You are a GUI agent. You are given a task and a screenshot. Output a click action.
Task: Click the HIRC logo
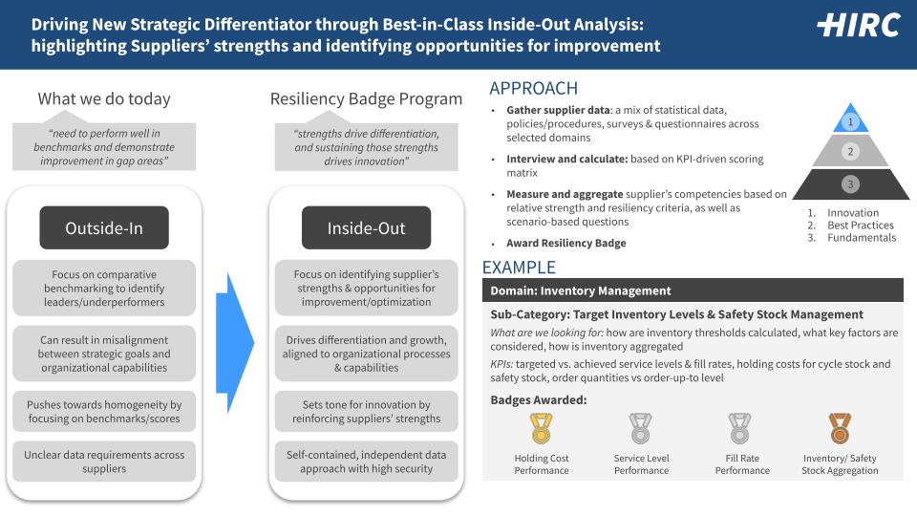[x=859, y=26]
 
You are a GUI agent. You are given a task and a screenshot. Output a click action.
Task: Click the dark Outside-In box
[x=104, y=227]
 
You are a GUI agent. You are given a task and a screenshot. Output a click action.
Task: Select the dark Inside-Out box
[x=366, y=227]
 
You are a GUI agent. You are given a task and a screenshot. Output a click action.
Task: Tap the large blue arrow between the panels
[x=235, y=343]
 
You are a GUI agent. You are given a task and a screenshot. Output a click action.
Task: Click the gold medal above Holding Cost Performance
[x=541, y=428]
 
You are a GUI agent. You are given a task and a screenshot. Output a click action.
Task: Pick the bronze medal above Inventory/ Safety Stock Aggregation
[x=840, y=428]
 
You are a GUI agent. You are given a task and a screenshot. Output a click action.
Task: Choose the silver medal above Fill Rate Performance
[x=739, y=428]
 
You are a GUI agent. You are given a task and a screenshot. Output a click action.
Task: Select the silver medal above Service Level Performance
[x=640, y=428]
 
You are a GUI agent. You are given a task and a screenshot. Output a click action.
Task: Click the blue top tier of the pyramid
[x=850, y=118]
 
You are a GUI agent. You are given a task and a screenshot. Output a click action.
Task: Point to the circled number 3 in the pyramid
[x=850, y=184]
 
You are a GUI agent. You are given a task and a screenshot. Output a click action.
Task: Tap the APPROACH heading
[x=533, y=88]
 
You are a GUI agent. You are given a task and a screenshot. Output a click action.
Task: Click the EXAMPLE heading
[x=519, y=268]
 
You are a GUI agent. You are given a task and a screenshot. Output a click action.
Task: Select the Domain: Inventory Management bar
[x=693, y=290]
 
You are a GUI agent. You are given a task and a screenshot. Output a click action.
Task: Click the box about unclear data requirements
[x=104, y=462]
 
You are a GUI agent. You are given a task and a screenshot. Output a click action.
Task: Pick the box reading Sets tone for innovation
[x=366, y=411]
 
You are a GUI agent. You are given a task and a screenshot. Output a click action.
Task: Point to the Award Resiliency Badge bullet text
[x=566, y=243]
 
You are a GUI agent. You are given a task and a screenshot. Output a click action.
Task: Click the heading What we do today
[x=104, y=98]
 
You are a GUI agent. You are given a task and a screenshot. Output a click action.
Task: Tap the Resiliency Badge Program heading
[x=366, y=98]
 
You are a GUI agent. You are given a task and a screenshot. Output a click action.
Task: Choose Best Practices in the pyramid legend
[x=861, y=226]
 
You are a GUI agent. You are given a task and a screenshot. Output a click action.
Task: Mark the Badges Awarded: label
[x=538, y=400]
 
